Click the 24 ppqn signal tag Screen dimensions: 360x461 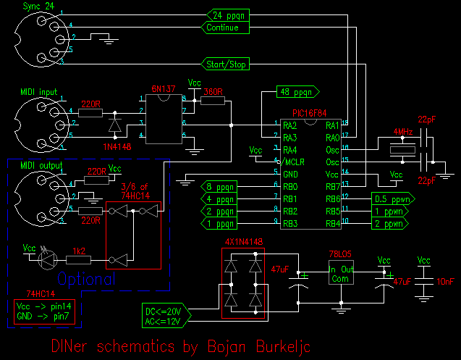[x=228, y=14]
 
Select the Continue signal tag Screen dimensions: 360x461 [x=225, y=28]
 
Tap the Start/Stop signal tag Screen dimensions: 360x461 [x=224, y=64]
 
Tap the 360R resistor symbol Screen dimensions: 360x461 [x=212, y=101]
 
